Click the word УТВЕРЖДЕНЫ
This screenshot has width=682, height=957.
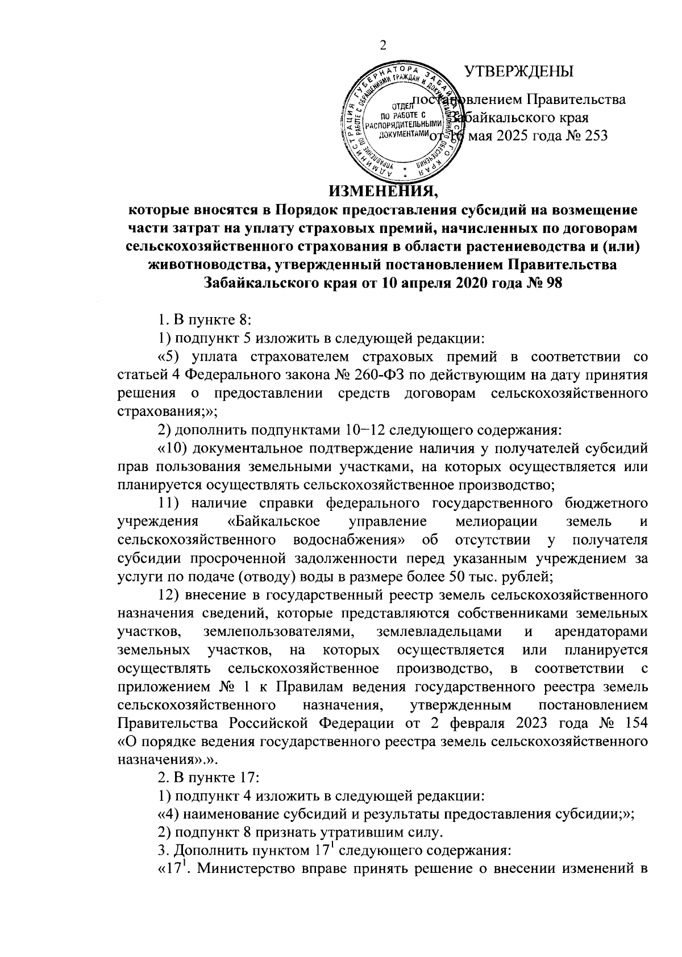coord(519,72)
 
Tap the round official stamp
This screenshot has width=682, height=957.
coord(405,120)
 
